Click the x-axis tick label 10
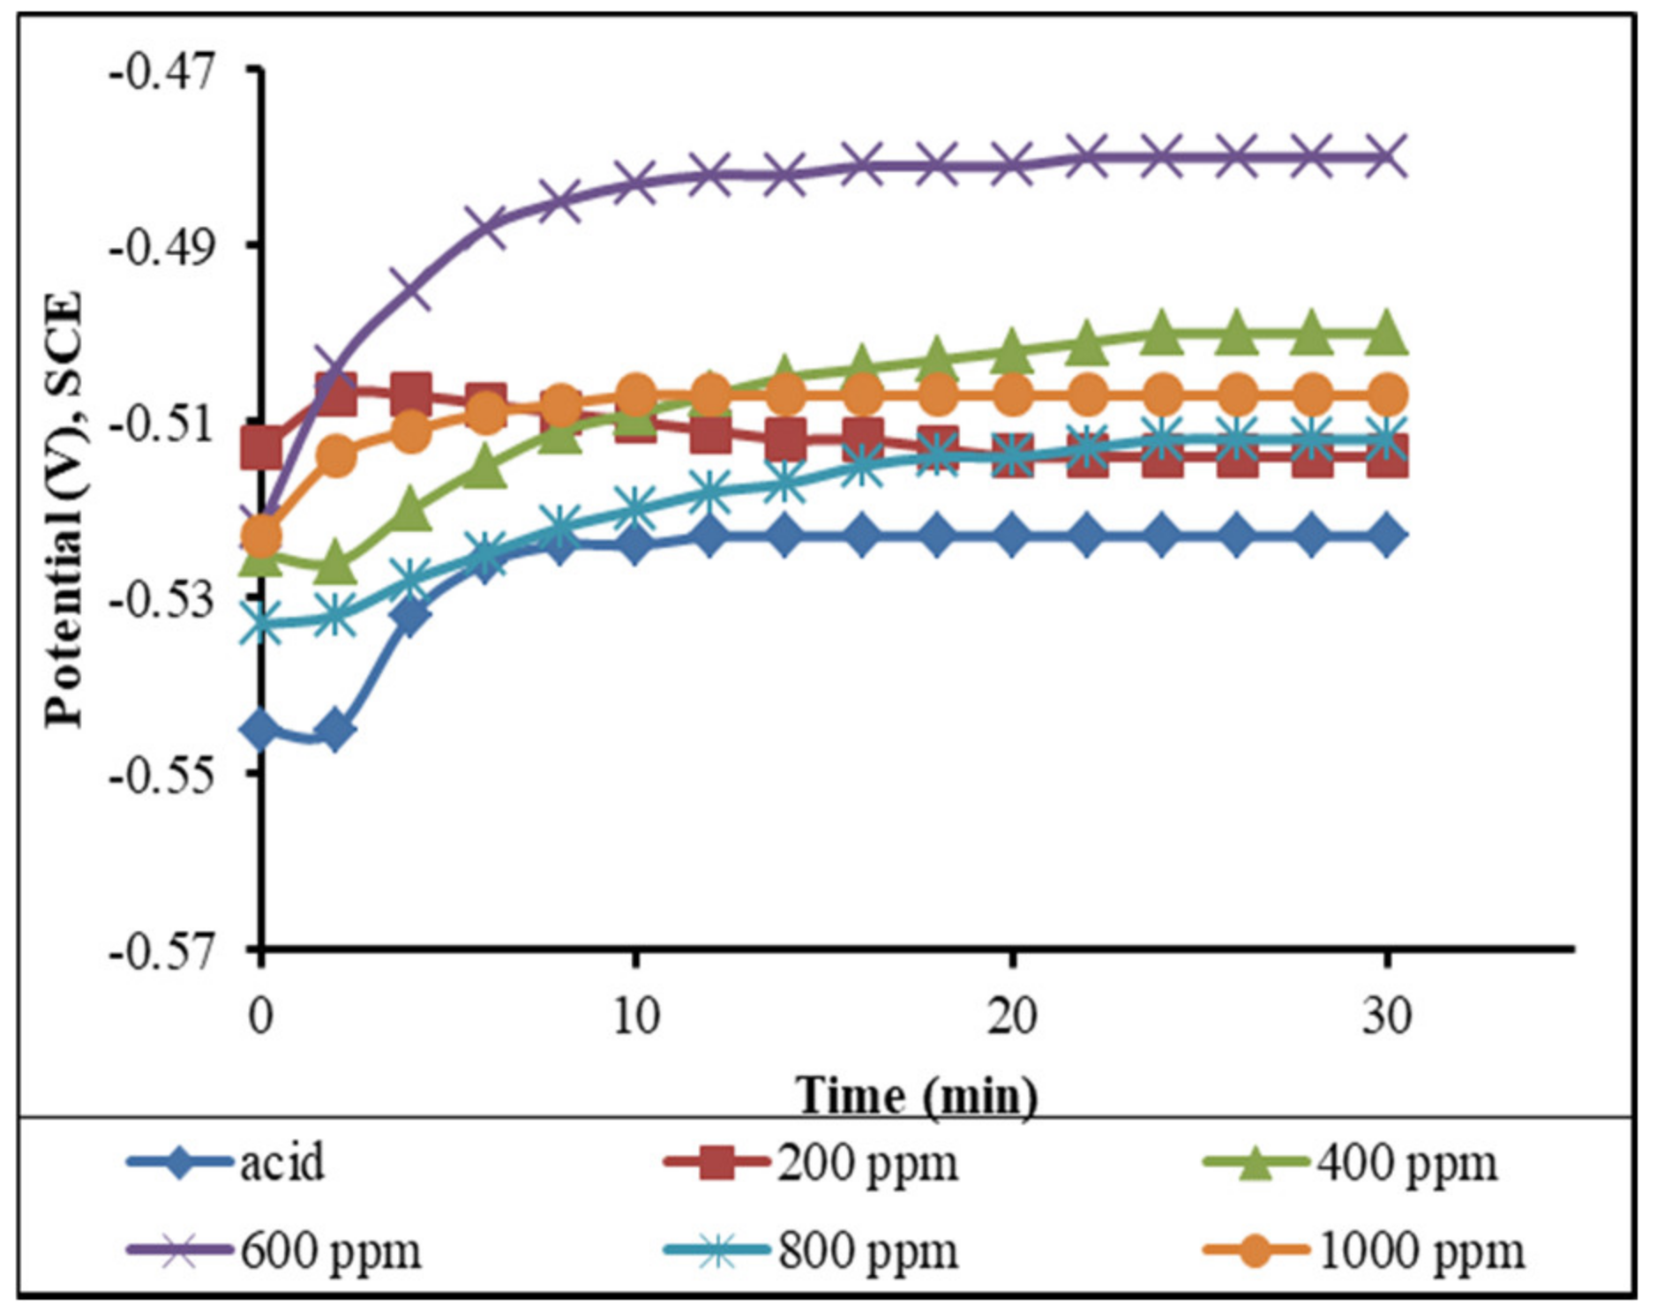[x=635, y=1017]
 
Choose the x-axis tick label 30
[x=1386, y=1017]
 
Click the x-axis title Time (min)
[x=916, y=1096]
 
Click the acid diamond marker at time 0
[x=261, y=728]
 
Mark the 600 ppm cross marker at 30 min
[x=1386, y=157]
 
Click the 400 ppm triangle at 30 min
[x=1386, y=333]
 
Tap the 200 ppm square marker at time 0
[x=261, y=447]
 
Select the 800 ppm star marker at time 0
[x=261, y=622]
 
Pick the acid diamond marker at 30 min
[x=1386, y=536]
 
